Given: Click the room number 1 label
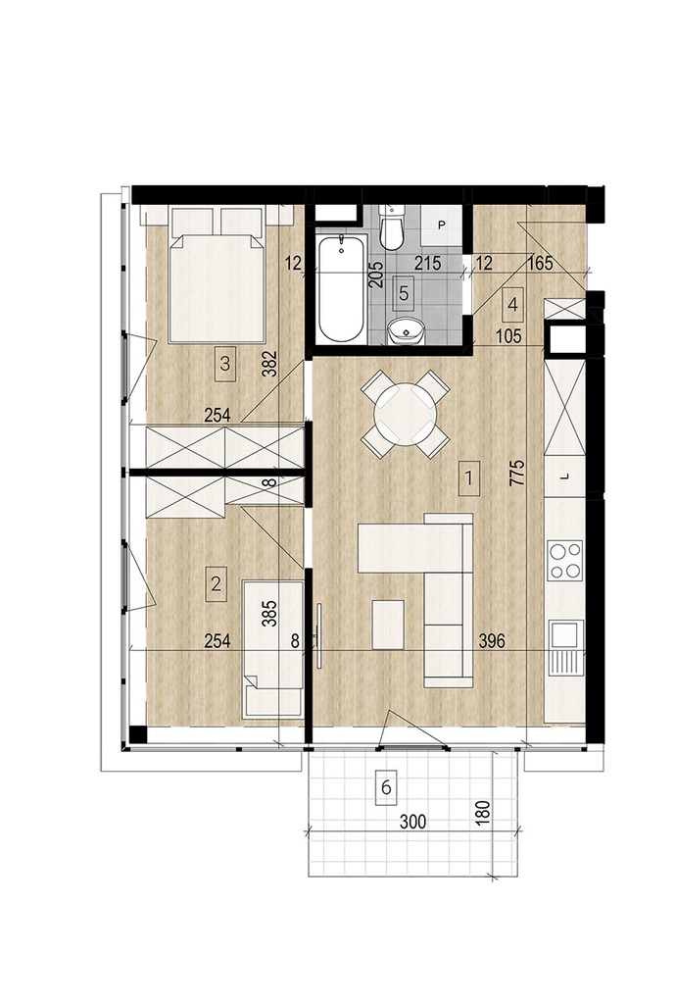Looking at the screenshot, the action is (469, 478).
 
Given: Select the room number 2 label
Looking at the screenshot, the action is (216, 584).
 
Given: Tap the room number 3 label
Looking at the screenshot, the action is (224, 365).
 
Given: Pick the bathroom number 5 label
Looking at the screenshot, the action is (403, 293).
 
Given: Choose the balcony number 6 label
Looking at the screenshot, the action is (386, 787).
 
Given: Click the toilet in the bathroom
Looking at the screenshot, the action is (390, 228).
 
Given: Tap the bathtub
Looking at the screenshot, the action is (342, 289).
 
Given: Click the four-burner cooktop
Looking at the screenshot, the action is (564, 560).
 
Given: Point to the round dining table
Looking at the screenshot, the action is (406, 416).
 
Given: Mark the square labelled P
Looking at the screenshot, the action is (441, 225).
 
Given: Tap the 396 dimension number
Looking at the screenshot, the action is (492, 640).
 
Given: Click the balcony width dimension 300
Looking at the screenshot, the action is (412, 822).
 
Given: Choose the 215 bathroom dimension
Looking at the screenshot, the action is (428, 263).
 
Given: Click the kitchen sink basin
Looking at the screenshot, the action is (564, 634).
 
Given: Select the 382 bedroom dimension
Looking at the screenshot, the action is (271, 364).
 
